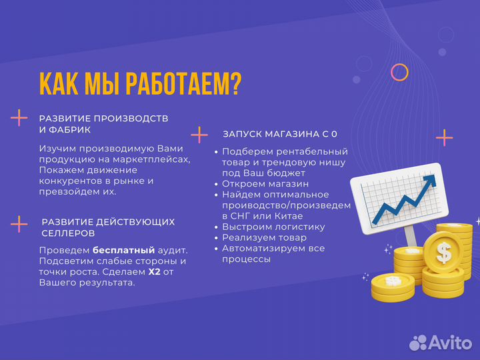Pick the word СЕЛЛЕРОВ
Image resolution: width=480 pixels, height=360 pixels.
(x=68, y=233)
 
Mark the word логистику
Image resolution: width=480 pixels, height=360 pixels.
(x=297, y=227)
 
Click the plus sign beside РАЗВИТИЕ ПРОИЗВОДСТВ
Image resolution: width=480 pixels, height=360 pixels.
(x=19, y=118)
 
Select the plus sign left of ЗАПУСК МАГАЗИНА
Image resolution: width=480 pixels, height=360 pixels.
(x=199, y=135)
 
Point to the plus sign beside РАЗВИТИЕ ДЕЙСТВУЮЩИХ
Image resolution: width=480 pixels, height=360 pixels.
(x=19, y=223)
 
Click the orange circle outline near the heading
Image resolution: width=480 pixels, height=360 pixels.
(x=399, y=72)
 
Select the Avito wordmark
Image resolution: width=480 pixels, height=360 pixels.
(x=450, y=342)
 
